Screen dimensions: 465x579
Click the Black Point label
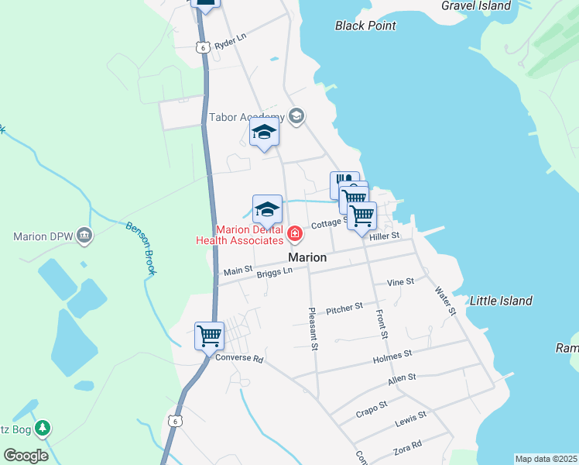pyautogui.click(x=365, y=26)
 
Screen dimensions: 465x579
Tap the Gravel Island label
pyautogui.click(x=476, y=5)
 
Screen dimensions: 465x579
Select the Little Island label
pyautogui.click(x=502, y=301)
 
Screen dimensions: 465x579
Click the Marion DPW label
pyautogui.click(x=43, y=236)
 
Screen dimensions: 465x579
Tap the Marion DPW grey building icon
pyautogui.click(x=84, y=236)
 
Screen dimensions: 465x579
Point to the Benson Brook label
pyautogui.click(x=141, y=249)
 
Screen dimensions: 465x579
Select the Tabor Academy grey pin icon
pyautogui.click(x=295, y=117)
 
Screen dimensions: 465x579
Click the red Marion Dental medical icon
pyautogui.click(x=295, y=233)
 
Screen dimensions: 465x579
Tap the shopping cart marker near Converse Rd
pyautogui.click(x=209, y=336)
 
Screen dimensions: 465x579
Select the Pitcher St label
pyautogui.click(x=344, y=308)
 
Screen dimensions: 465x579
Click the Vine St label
pyautogui.click(x=401, y=282)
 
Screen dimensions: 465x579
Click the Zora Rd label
pyautogui.click(x=407, y=446)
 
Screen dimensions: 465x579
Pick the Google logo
pyautogui.click(x=26, y=456)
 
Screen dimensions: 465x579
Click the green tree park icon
pyautogui.click(x=44, y=426)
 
